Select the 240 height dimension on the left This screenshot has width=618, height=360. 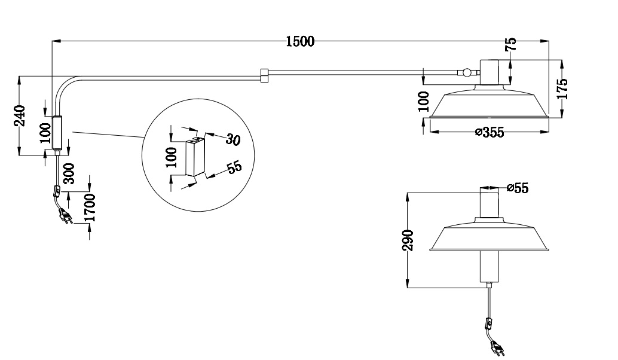tap(20, 116)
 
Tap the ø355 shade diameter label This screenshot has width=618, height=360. tap(489, 132)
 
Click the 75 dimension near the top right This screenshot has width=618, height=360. tap(511, 45)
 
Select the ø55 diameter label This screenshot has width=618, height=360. tap(517, 188)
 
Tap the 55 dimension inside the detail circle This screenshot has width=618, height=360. tap(234, 167)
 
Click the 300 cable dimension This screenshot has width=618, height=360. tap(68, 174)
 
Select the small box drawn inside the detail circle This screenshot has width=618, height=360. tap(194, 157)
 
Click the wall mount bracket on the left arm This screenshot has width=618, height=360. tap(57, 133)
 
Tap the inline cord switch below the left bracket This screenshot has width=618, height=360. tap(57, 191)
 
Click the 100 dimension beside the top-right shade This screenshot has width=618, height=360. tap(424, 102)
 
